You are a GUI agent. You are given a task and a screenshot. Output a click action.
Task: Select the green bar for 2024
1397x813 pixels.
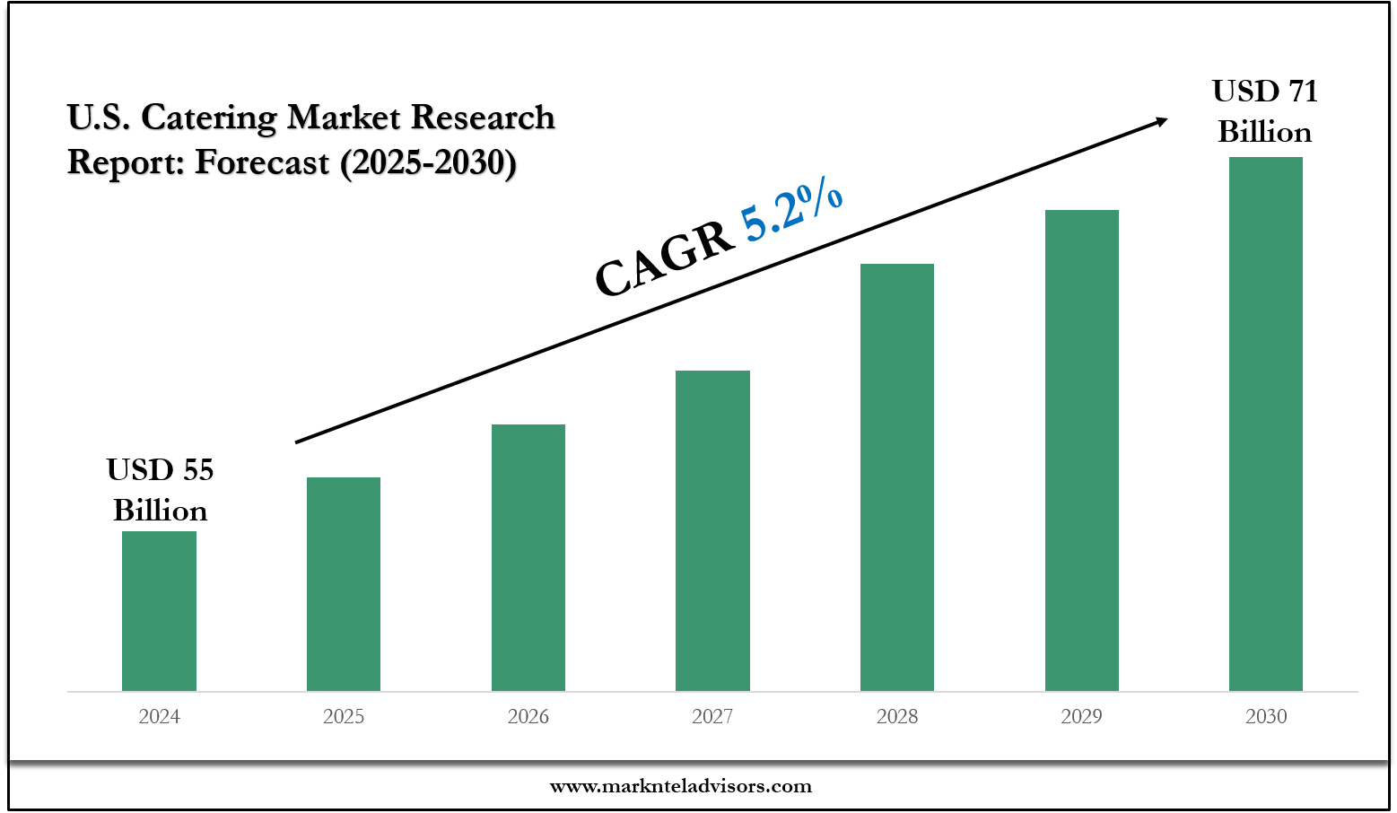click(159, 610)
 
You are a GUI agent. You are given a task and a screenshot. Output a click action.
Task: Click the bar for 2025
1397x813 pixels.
click(344, 583)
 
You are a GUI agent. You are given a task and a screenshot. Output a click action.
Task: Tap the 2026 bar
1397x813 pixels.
click(528, 557)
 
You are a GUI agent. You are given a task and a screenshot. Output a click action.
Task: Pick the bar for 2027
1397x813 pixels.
click(712, 530)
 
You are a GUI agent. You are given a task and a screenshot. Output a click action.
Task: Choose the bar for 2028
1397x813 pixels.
click(897, 476)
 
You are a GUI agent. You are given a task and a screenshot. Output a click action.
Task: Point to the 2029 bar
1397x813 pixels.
click(1081, 450)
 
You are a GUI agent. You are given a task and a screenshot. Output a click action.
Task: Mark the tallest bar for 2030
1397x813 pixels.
click(1265, 424)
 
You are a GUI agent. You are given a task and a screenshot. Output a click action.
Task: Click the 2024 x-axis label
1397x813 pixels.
click(159, 716)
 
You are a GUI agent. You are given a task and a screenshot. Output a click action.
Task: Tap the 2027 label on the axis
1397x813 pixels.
click(712, 716)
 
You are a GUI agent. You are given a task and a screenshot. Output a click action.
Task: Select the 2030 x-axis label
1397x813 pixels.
click(1266, 716)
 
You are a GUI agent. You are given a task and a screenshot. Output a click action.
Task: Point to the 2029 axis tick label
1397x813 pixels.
click(1081, 716)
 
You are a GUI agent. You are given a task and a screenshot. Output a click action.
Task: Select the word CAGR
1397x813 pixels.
click(664, 260)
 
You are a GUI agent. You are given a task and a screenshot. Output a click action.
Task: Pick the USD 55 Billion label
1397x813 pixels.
click(160, 490)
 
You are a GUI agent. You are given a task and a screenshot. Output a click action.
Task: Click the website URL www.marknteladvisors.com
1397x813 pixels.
click(680, 786)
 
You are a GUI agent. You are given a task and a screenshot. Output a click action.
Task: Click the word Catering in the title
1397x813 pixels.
click(209, 118)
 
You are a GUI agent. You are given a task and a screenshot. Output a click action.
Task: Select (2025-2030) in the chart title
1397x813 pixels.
click(428, 162)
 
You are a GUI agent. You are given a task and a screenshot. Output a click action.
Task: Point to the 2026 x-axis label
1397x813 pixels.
click(528, 716)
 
